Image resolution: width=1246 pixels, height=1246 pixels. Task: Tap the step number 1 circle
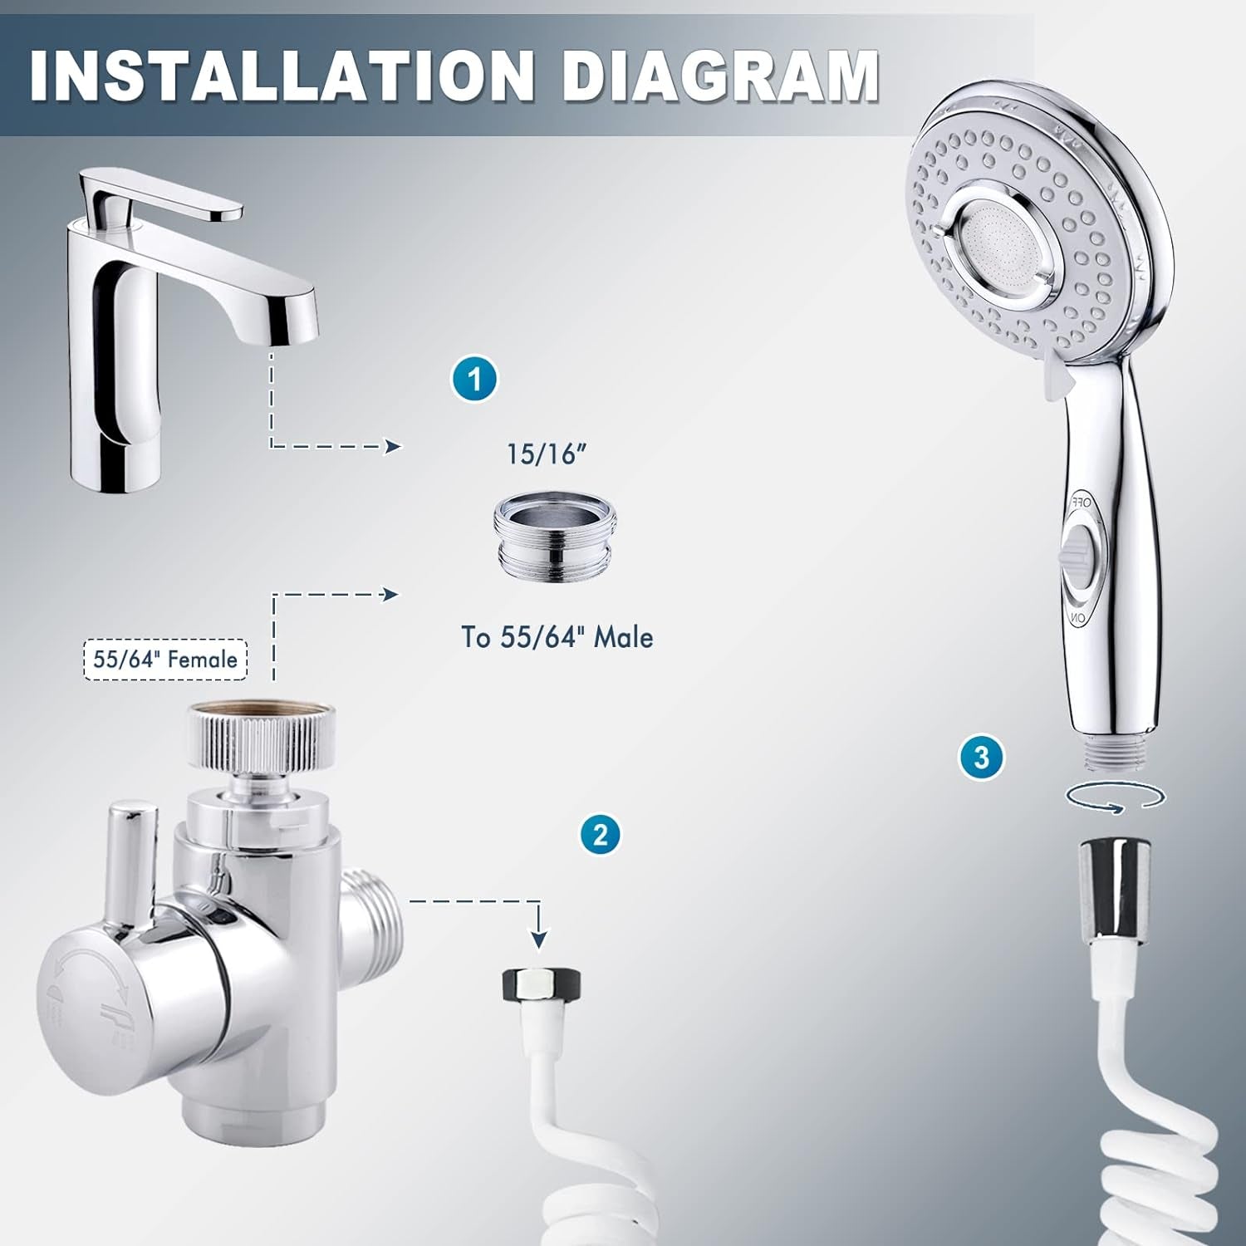(x=474, y=380)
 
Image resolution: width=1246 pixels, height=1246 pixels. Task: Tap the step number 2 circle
(x=601, y=833)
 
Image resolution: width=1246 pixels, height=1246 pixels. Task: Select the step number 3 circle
(x=981, y=758)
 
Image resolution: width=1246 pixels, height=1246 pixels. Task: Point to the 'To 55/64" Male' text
(x=557, y=637)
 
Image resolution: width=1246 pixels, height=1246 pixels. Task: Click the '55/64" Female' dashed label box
(x=165, y=660)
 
